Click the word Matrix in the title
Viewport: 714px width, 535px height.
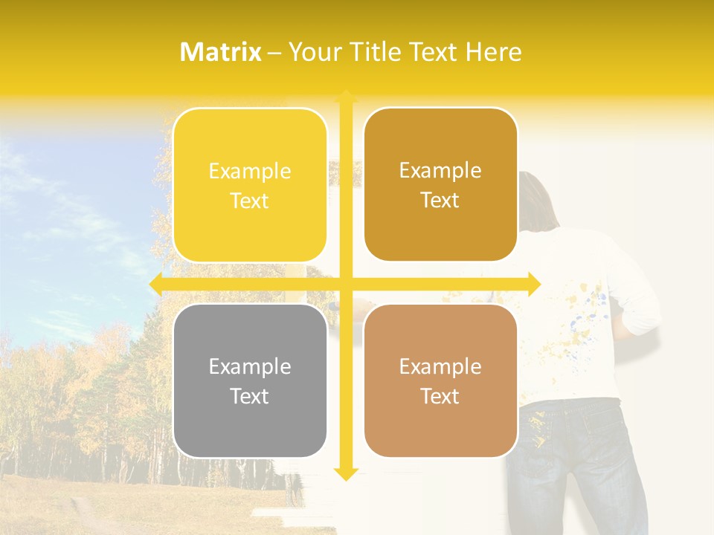[x=221, y=52]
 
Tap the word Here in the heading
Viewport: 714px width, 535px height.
[x=493, y=52]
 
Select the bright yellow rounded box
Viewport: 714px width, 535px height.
[x=250, y=185]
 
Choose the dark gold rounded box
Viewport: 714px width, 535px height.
[x=440, y=184]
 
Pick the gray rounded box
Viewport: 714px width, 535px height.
[x=250, y=380]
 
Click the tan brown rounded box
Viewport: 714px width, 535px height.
[x=440, y=380]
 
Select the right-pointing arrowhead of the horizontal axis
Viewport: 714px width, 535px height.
[x=534, y=284]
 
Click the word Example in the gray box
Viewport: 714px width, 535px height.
[x=250, y=366]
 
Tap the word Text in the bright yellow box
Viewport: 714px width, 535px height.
[x=250, y=201]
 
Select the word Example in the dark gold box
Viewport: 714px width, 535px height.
[x=440, y=170]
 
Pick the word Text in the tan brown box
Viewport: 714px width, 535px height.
[x=440, y=396]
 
